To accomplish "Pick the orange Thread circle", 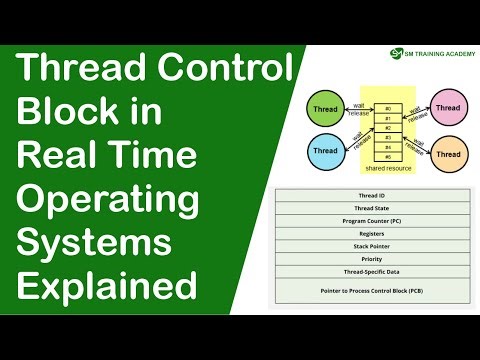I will coord(447,153).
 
